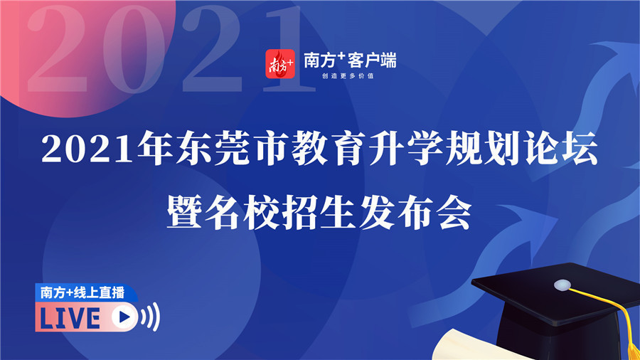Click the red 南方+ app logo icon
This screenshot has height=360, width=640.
tap(280, 63)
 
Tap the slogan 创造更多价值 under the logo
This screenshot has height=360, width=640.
tap(348, 76)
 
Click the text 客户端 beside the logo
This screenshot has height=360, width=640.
tap(372, 60)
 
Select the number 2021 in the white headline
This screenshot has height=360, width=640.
tap(87, 148)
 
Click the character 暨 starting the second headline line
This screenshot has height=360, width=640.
tap(183, 213)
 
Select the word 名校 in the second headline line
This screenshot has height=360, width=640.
tap(241, 213)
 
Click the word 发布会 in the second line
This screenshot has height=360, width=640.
tap(415, 213)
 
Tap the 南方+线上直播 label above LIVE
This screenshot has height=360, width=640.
tap(82, 292)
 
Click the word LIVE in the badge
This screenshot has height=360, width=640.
tap(70, 318)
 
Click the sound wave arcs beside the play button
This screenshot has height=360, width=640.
tap(150, 317)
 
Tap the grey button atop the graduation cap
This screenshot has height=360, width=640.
tap(562, 285)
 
